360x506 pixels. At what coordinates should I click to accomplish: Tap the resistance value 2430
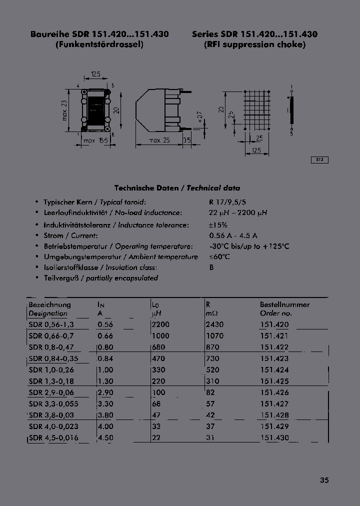coord(214,324)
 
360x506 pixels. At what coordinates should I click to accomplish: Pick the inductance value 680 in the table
coord(158,347)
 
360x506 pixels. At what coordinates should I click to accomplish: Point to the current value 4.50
coord(105,437)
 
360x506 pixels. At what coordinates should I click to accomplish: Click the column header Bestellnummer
coord(284,304)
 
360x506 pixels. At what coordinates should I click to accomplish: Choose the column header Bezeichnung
coord(50,304)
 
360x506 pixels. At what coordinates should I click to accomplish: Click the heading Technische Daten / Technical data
coord(177,188)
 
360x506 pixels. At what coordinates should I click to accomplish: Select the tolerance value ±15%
coord(218,225)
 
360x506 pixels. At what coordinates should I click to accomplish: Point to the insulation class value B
coord(211,267)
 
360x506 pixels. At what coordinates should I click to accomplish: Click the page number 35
coord(324,480)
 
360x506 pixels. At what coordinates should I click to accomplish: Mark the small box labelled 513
coord(320,160)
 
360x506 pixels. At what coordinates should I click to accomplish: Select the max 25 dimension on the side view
coord(160,141)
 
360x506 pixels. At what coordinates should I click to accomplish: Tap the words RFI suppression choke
coord(254,44)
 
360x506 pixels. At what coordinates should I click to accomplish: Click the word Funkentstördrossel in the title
coord(99,44)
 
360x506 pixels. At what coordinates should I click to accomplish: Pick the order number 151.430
coord(274,437)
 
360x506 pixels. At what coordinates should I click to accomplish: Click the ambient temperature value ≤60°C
coord(219,257)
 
